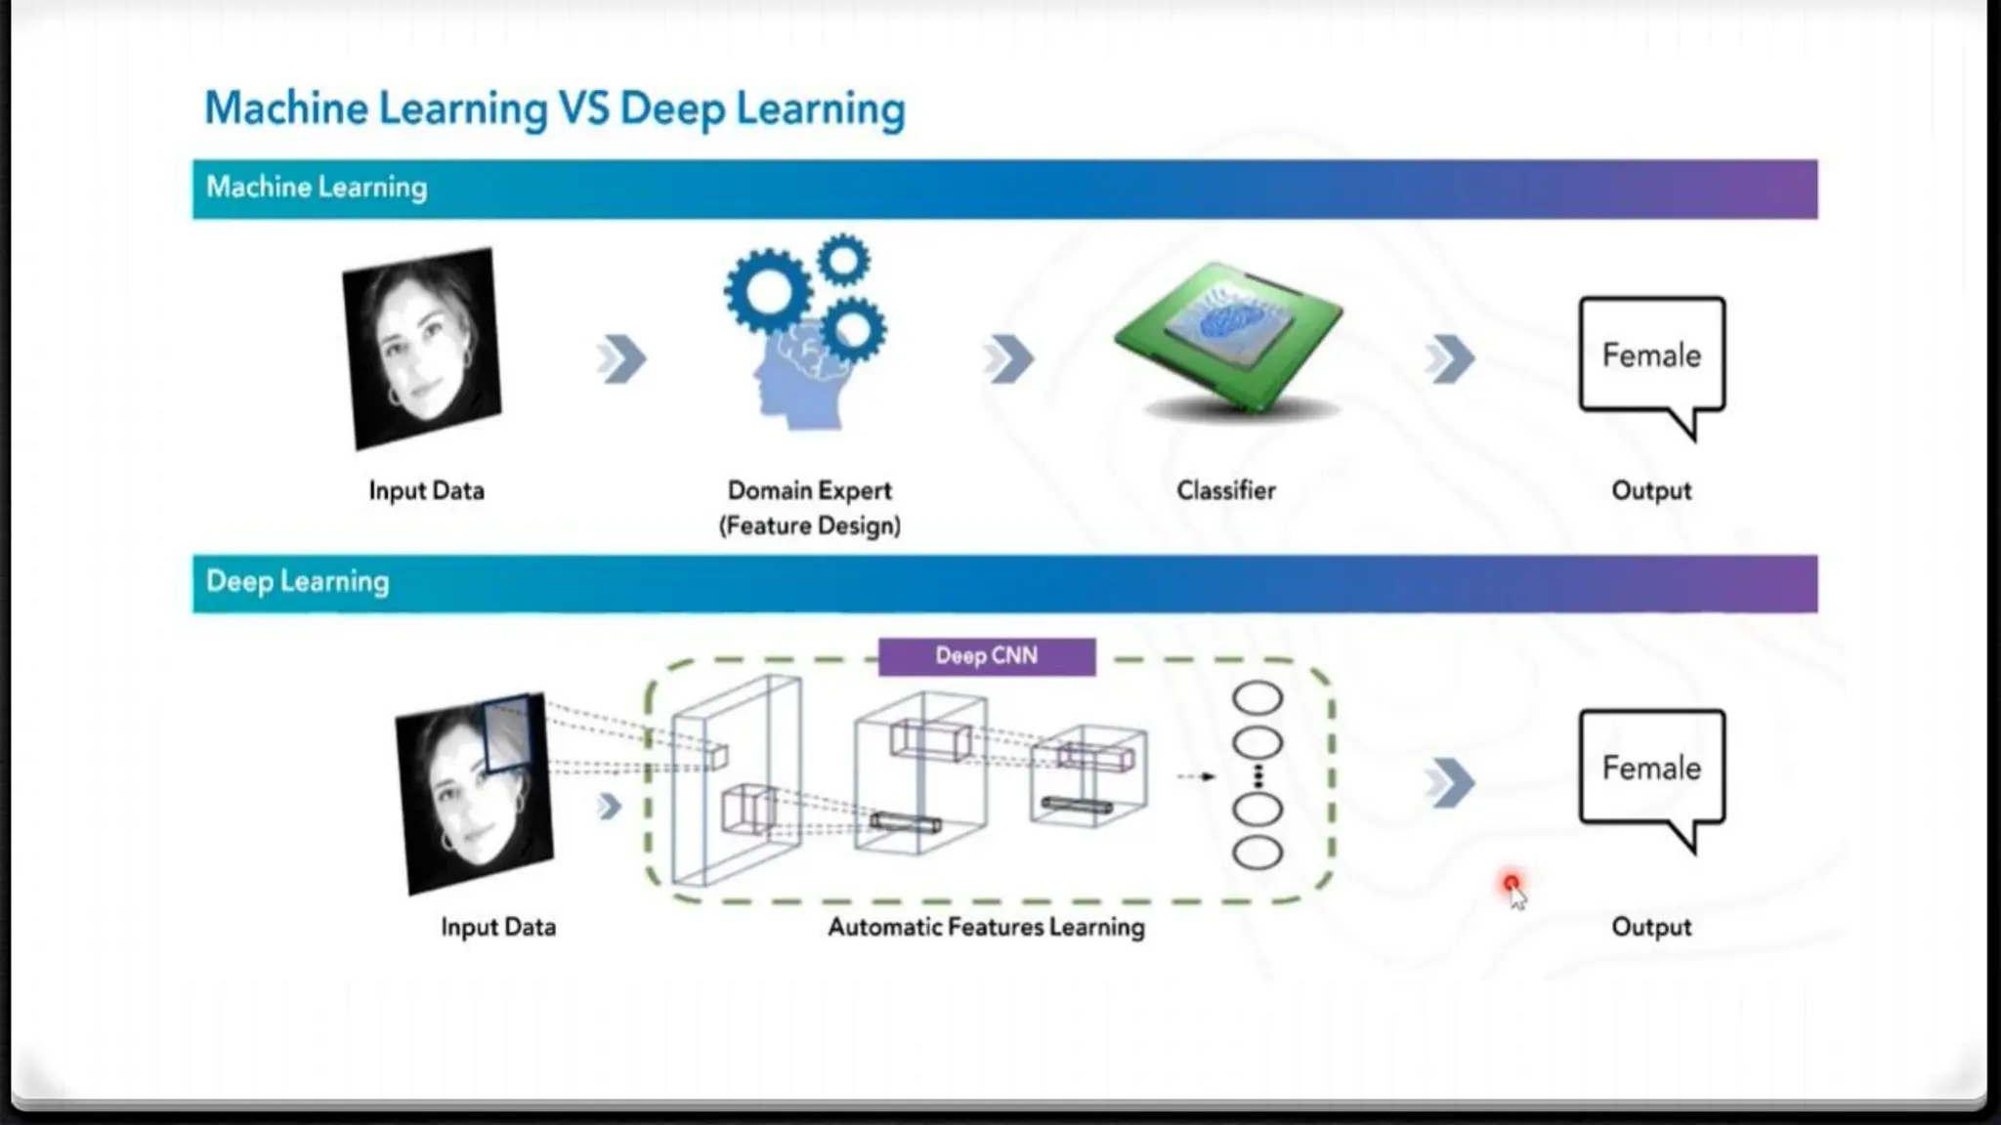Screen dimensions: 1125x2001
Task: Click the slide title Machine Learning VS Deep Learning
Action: tap(554, 108)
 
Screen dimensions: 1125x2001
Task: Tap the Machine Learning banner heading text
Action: tap(317, 187)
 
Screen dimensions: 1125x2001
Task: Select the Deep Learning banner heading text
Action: tap(297, 582)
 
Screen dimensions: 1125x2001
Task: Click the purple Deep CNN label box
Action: tap(986, 656)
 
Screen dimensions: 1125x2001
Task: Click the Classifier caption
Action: tap(1225, 490)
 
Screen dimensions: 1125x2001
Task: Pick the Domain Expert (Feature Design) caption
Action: tap(809, 508)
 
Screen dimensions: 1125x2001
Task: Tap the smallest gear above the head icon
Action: tap(843, 260)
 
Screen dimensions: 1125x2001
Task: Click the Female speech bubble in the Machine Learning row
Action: tap(1651, 356)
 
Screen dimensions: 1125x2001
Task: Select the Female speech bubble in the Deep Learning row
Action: tap(1651, 770)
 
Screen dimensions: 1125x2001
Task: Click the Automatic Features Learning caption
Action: tap(986, 927)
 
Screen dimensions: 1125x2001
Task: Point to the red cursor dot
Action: tap(1511, 884)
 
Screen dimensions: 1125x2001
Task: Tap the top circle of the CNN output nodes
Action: tap(1256, 698)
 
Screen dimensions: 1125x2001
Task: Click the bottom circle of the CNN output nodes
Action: tap(1256, 853)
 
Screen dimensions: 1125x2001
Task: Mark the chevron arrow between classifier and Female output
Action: tap(1450, 359)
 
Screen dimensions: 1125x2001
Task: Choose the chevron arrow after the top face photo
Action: tap(622, 359)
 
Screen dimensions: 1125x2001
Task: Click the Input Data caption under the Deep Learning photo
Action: tap(498, 927)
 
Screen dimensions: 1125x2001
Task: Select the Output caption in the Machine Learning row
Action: tap(1651, 490)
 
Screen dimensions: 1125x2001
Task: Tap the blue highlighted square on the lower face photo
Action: tap(508, 732)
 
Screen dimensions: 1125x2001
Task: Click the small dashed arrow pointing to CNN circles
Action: tap(1195, 776)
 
